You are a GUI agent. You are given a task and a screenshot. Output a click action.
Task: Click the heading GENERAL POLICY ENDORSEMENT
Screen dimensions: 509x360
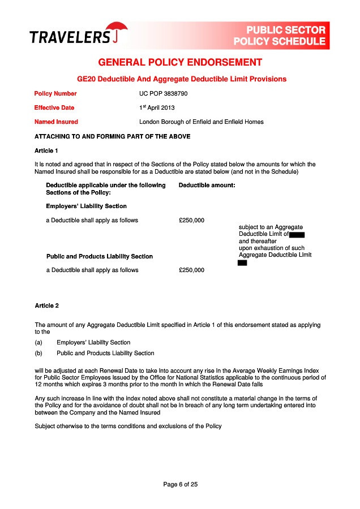180,62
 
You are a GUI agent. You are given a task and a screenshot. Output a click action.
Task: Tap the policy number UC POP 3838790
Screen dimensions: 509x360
163,93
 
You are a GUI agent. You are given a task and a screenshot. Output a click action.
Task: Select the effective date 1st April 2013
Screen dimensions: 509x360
157,107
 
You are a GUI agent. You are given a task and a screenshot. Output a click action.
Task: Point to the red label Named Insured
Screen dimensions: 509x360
56,122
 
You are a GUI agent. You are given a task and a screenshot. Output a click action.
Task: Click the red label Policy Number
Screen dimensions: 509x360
55,93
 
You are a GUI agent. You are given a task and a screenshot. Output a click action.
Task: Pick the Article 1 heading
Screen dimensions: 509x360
46,150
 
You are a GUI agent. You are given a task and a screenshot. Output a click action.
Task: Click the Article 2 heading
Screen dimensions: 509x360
46,306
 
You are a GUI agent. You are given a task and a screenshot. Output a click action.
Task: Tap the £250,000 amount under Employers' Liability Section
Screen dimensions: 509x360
191,220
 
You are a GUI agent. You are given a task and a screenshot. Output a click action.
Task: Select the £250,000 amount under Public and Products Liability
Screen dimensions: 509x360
191,270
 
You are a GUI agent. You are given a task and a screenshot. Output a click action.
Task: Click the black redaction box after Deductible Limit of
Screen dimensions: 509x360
297,234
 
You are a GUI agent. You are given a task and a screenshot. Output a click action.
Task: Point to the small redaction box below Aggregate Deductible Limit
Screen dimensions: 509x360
242,262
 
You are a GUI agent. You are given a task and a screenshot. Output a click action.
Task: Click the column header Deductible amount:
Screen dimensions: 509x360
207,185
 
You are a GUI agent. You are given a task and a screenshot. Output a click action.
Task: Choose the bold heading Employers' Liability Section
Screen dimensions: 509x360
86,206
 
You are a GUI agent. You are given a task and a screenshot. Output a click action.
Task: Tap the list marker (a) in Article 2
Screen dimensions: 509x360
39,342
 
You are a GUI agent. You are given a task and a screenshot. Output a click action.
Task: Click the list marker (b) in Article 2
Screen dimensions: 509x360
39,353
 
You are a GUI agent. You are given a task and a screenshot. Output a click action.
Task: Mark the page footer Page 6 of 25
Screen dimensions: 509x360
180,484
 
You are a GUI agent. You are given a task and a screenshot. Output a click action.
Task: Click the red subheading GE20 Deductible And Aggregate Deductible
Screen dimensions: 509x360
182,79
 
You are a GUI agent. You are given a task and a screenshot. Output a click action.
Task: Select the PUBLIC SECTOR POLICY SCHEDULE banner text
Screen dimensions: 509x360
280,36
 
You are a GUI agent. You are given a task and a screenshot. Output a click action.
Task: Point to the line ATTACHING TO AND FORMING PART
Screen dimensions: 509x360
112,136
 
